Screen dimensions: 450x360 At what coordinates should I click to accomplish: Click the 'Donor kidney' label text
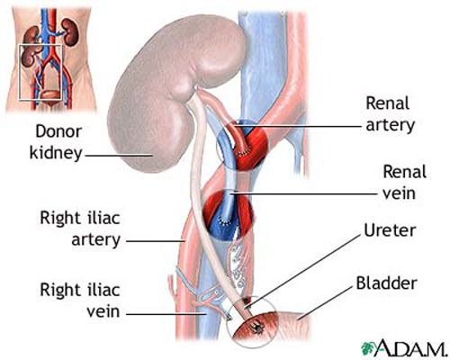point(56,142)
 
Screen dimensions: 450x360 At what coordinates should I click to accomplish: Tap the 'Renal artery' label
point(390,114)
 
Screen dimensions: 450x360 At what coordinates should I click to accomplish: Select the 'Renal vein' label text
point(404,183)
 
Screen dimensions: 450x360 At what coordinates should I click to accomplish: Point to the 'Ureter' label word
point(390,230)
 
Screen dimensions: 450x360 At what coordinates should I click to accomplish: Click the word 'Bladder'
point(386,283)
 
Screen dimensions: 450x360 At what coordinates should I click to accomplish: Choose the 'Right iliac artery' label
point(80,229)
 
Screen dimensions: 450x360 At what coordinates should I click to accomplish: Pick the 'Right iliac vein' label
point(80,301)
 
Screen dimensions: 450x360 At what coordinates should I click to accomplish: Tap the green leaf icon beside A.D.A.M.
point(368,348)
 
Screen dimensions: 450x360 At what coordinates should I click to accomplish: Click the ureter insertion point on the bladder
point(256,328)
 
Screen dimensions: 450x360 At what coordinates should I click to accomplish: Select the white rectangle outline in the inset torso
point(19,72)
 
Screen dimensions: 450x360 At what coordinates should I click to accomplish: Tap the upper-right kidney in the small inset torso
point(70,31)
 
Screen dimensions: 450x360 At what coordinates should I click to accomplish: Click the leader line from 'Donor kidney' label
point(119,156)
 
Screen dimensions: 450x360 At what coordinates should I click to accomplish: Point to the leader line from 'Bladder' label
point(326,302)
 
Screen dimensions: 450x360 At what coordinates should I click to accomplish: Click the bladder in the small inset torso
point(49,95)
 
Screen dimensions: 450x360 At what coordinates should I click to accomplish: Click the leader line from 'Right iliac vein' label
point(166,314)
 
